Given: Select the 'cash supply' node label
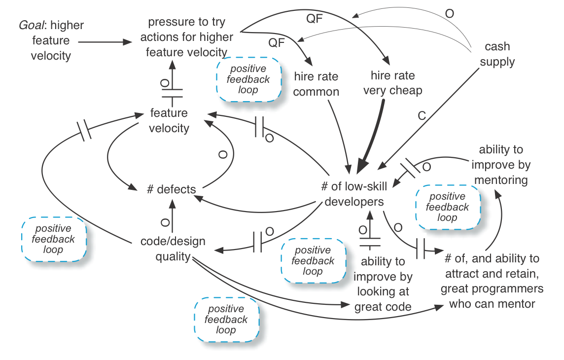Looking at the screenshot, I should pyautogui.click(x=497, y=54).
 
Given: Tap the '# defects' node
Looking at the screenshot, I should pyautogui.click(x=171, y=189).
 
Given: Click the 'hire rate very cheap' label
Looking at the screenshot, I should pyautogui.click(x=392, y=83).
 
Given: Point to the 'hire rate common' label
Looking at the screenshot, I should pyautogui.click(x=316, y=84).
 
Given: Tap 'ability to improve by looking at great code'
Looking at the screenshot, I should pyautogui.click(x=383, y=284).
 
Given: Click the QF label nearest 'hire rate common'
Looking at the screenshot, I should pyautogui.click(x=277, y=43).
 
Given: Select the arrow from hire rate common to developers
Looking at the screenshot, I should pyautogui.click(x=343, y=133).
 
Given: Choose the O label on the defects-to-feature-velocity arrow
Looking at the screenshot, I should pyautogui.click(x=223, y=155).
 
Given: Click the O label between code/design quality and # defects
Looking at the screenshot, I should pyautogui.click(x=165, y=221).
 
